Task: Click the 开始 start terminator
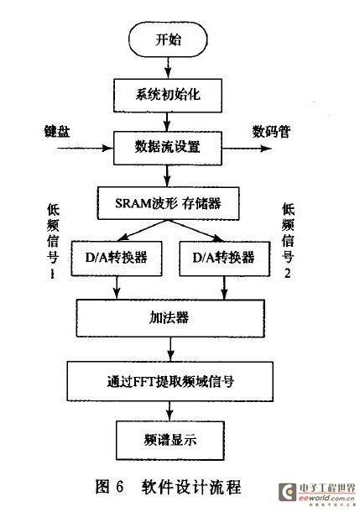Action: pos(168,39)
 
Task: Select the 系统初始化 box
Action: pos(168,95)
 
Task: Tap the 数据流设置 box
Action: pos(168,148)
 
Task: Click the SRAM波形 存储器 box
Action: pos(169,203)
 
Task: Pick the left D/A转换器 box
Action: pos(117,259)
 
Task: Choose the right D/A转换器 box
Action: pos(225,259)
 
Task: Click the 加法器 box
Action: pos(170,318)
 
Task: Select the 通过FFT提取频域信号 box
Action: pos(170,381)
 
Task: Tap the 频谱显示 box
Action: pos(170,441)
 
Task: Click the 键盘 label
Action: pos(57,131)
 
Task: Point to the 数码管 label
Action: pos(271,131)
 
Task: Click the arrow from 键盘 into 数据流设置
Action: pos(86,149)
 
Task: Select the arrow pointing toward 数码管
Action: pos(247,149)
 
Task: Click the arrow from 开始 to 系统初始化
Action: pos(168,68)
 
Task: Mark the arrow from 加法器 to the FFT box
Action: pos(170,349)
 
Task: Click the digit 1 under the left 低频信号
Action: pos(52,274)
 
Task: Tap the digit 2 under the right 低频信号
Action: pos(287,273)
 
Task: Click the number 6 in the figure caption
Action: pos(119,487)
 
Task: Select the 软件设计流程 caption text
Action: pos(191,487)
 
